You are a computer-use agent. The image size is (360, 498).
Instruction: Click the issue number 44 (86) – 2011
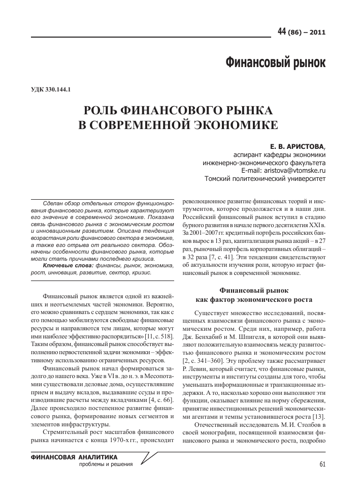(x=301, y=33)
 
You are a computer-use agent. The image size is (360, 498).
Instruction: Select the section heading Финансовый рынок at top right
(x=275, y=63)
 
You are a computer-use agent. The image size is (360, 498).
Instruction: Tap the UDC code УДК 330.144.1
(x=50, y=90)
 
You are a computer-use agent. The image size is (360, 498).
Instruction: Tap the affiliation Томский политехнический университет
(x=265, y=179)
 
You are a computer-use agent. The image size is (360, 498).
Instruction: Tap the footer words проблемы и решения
(x=106, y=464)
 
